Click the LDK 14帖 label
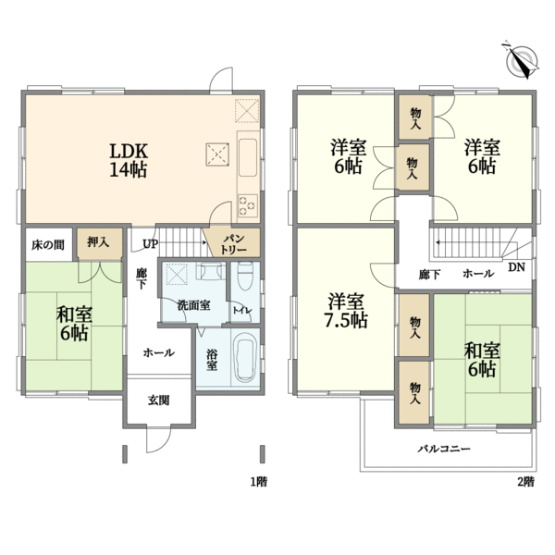(x=129, y=160)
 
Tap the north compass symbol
(x=521, y=61)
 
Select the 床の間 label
(x=48, y=244)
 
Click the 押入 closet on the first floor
(x=98, y=242)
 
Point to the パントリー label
(x=233, y=244)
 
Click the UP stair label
(x=150, y=244)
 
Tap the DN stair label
(x=516, y=267)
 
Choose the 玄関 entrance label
(x=158, y=401)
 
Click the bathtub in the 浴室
(x=246, y=361)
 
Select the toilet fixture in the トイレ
(x=245, y=276)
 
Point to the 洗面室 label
(x=193, y=305)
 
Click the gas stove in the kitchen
(x=247, y=205)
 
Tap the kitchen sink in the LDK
(x=247, y=157)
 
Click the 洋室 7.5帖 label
(x=346, y=311)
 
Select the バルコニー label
(x=444, y=449)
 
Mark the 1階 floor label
(x=259, y=482)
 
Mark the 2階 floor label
(x=526, y=482)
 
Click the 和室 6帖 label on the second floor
(x=482, y=360)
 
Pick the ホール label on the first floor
(x=158, y=352)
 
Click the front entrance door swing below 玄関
(x=158, y=439)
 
